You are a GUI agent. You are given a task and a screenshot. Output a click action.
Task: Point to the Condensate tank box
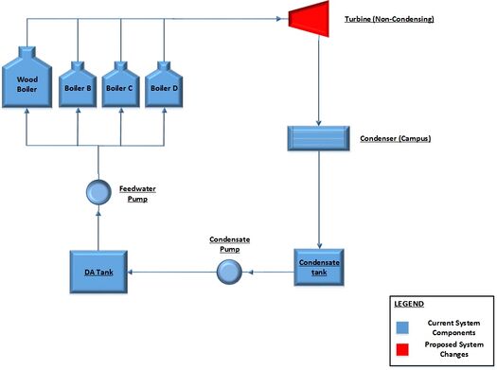pyautogui.click(x=318, y=269)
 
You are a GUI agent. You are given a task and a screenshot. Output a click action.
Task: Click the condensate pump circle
pyautogui.click(x=229, y=272)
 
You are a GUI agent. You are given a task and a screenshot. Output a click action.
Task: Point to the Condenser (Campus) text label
pyautogui.click(x=397, y=138)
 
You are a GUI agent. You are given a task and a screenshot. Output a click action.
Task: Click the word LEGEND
pyautogui.click(x=410, y=304)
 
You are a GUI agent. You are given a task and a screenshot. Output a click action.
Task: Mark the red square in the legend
pyautogui.click(x=403, y=351)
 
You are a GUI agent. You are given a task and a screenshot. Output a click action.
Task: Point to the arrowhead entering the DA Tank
pyautogui.click(x=130, y=273)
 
